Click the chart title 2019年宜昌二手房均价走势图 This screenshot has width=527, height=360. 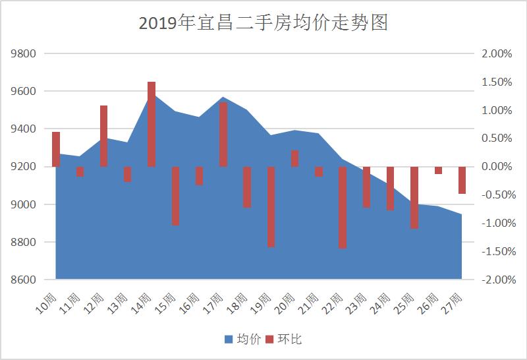coord(263,24)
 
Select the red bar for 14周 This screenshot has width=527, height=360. coord(152,124)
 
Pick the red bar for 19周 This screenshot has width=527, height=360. coord(271,206)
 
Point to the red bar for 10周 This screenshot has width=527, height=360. coord(56,150)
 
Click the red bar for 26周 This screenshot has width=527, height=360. coord(438,170)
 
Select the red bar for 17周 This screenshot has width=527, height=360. coord(223,135)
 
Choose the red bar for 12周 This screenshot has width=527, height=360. coord(104,136)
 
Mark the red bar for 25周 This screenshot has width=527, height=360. coord(414,198)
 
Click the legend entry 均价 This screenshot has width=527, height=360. coord(243,339)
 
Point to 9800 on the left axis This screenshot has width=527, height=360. coord(23,53)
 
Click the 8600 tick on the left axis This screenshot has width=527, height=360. coord(23,280)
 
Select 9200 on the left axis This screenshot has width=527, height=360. coord(23,167)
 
